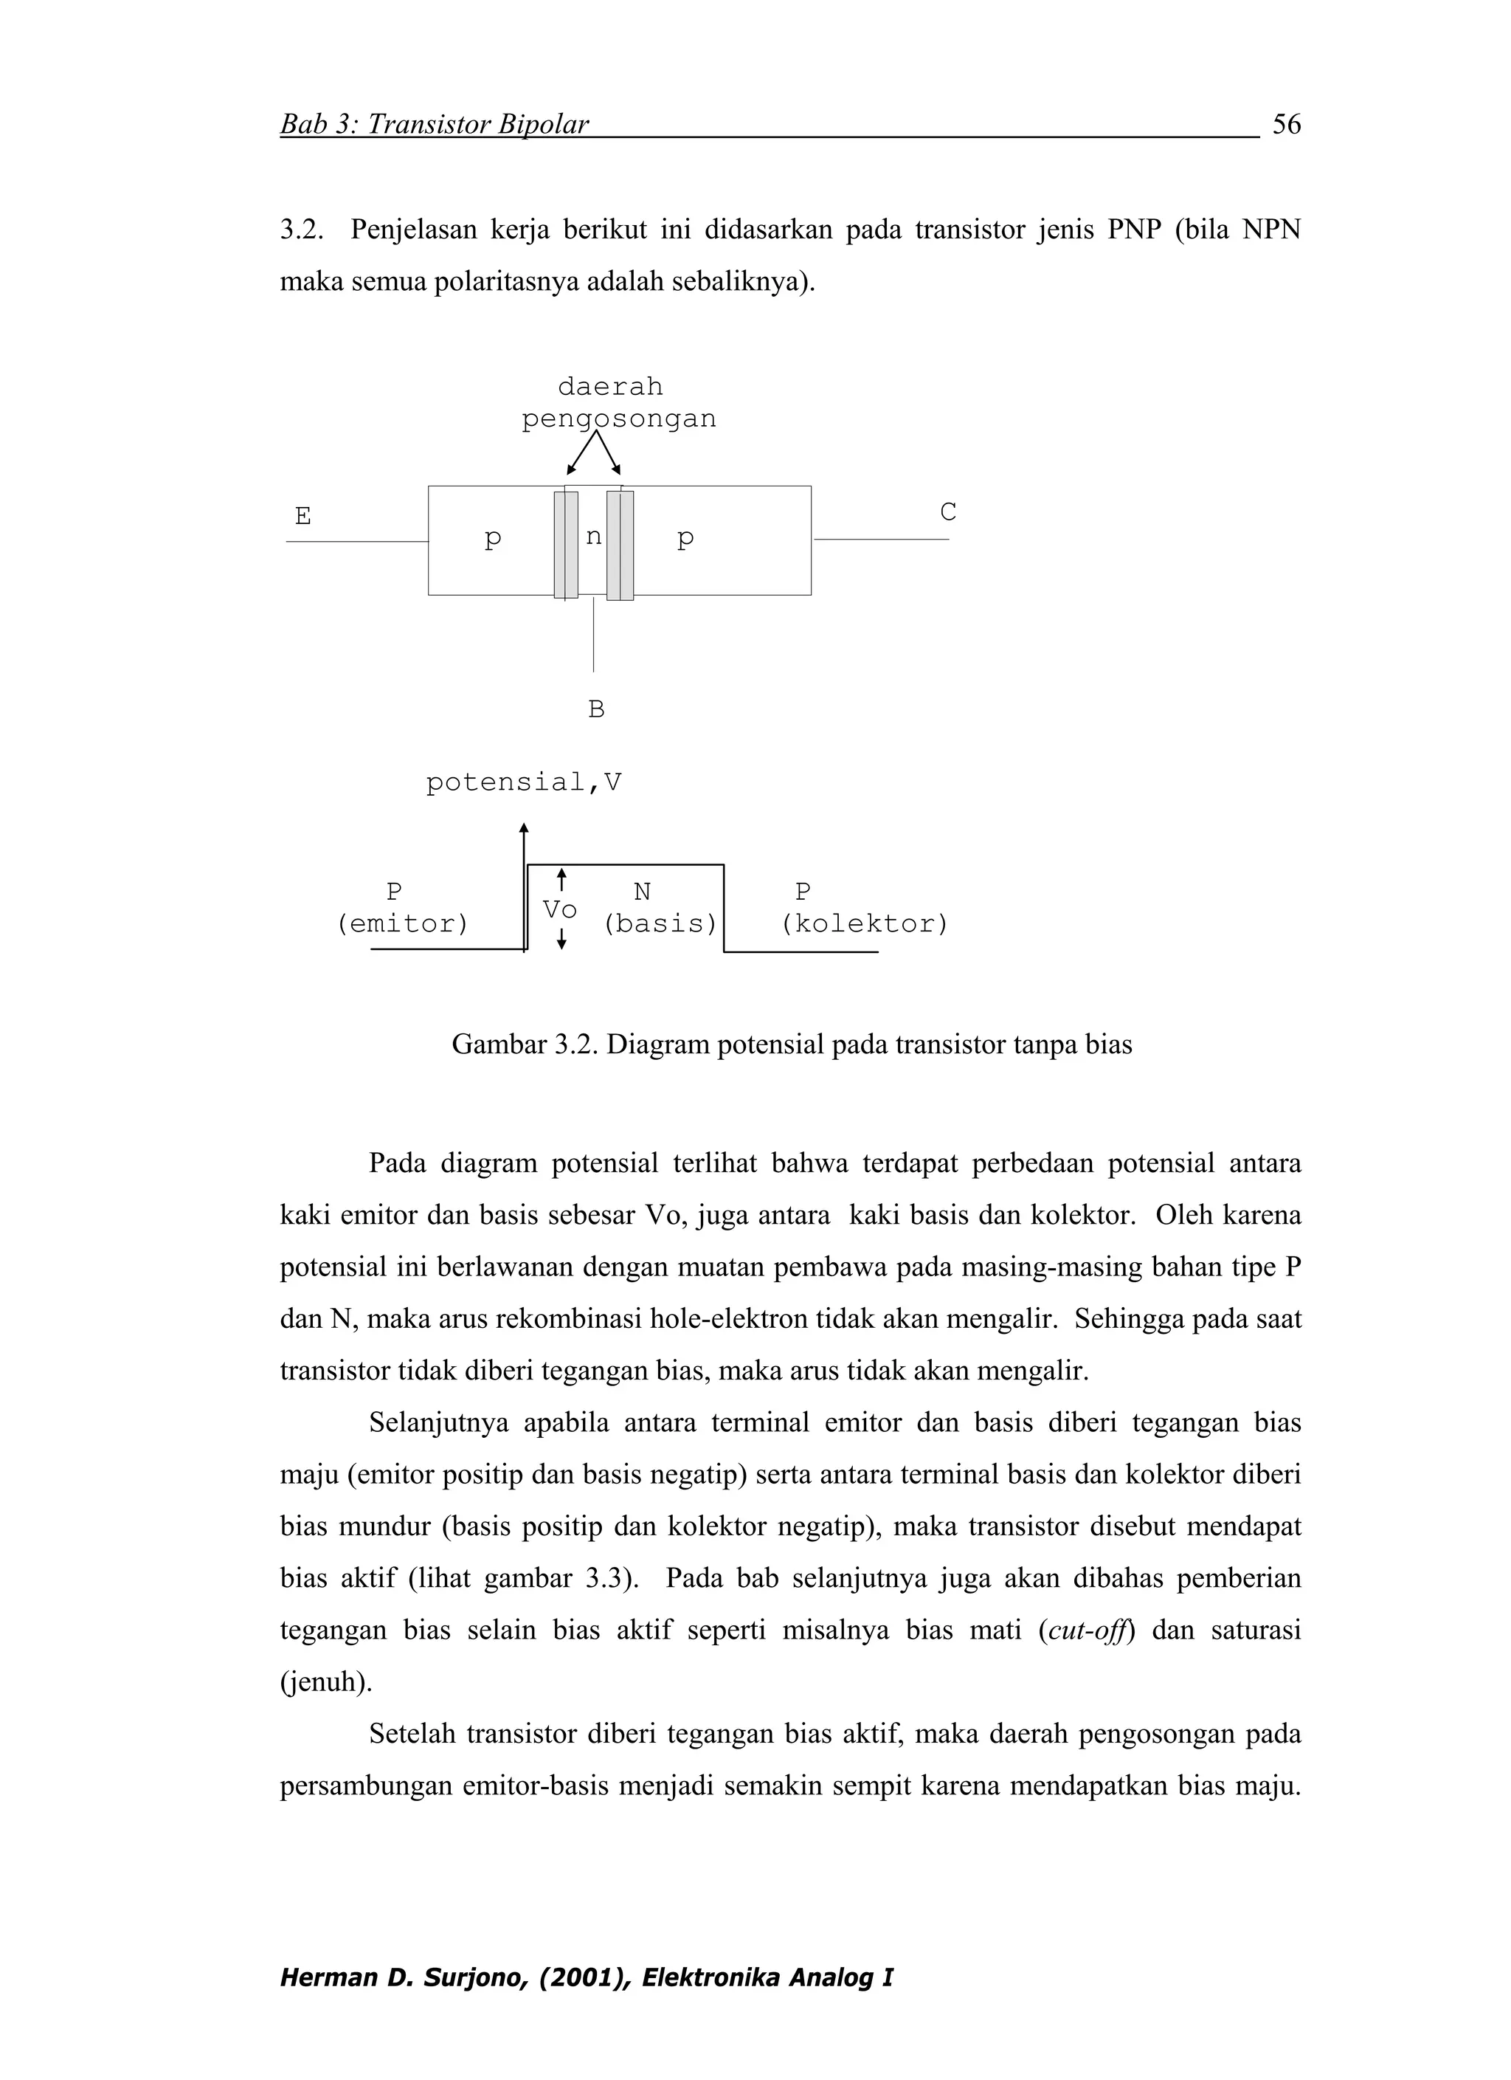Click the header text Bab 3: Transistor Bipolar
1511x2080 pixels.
click(x=434, y=124)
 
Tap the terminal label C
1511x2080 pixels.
click(x=948, y=512)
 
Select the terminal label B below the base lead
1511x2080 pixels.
click(x=596, y=709)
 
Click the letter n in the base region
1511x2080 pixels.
click(x=593, y=537)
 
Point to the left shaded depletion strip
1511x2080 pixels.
click(x=566, y=545)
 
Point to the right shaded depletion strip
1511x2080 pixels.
click(x=620, y=545)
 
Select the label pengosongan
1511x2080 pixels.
click(x=619, y=419)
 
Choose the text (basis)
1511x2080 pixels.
click(x=660, y=923)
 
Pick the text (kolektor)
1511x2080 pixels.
click(x=864, y=923)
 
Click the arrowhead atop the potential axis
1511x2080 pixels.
click(x=524, y=827)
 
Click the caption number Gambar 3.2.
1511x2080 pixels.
click(x=526, y=1044)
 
